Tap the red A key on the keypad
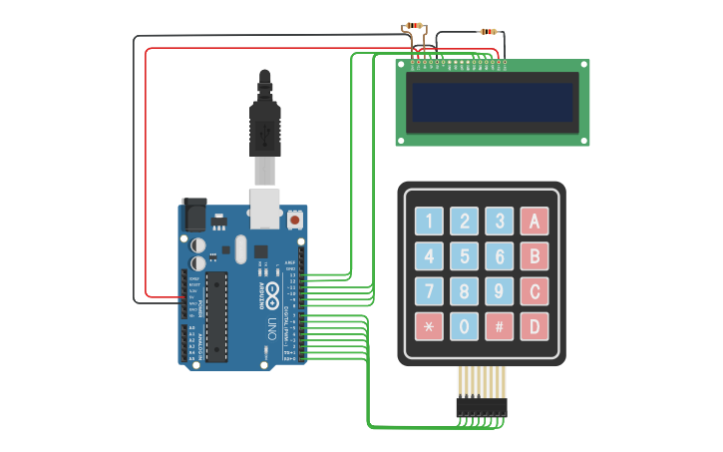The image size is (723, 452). (x=535, y=222)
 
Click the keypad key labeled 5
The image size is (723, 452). (x=464, y=256)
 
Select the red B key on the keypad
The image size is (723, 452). (x=535, y=256)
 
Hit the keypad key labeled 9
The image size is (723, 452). (x=499, y=291)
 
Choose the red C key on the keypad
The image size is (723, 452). (x=535, y=291)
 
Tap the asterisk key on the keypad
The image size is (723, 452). (x=429, y=326)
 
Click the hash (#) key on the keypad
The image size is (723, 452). (x=499, y=326)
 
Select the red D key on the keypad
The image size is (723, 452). (x=535, y=326)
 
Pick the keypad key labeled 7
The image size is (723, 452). (x=429, y=291)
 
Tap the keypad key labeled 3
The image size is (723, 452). (x=499, y=222)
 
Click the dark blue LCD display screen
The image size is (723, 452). (x=493, y=102)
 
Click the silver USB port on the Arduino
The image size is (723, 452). (x=263, y=208)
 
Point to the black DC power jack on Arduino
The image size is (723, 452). (x=194, y=215)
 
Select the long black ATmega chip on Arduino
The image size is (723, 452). (x=215, y=315)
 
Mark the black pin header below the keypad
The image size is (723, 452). (x=482, y=406)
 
